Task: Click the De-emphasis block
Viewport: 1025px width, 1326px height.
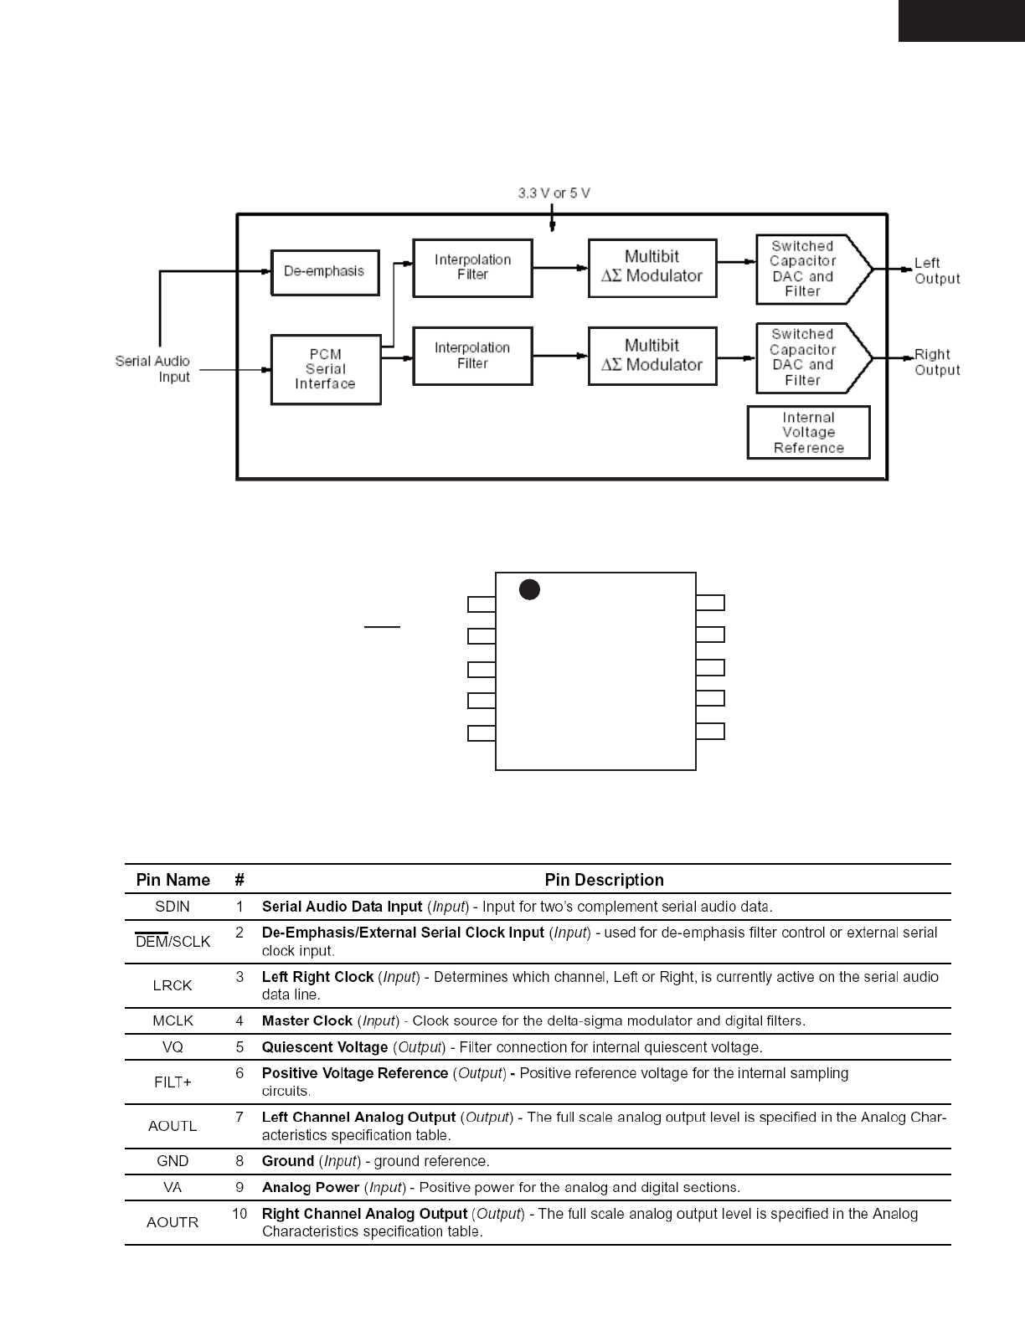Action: (325, 272)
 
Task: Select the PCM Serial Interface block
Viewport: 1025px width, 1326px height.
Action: (326, 369)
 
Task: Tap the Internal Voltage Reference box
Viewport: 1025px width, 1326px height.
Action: (808, 433)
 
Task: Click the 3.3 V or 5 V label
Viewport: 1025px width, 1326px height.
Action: (554, 193)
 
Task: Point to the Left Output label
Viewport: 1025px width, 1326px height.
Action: (936, 271)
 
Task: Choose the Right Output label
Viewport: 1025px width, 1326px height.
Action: (936, 362)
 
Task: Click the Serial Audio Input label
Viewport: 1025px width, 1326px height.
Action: (153, 369)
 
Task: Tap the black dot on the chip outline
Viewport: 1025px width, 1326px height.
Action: (529, 590)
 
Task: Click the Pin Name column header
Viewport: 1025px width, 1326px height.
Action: (173, 880)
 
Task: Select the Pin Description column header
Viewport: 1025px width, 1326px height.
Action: (604, 880)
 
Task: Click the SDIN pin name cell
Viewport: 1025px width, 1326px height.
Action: (173, 907)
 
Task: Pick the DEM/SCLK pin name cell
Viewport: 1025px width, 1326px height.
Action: (173, 942)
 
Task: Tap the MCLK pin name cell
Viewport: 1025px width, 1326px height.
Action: (173, 1021)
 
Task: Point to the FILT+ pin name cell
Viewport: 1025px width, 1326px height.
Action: (173, 1082)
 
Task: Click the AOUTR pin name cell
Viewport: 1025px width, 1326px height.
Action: (173, 1222)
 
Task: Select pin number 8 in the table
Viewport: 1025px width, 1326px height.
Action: (240, 1161)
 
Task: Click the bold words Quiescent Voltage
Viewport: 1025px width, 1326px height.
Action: (325, 1047)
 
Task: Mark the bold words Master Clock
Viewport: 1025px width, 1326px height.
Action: (306, 1021)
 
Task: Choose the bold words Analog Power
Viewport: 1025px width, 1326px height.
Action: (310, 1187)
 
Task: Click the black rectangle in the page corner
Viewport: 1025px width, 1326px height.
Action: (961, 20)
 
